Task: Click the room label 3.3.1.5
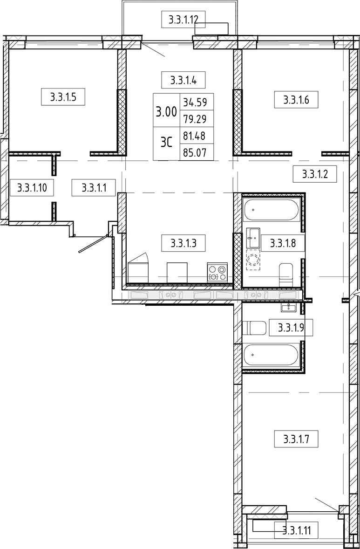point(63,97)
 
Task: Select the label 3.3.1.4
point(183,80)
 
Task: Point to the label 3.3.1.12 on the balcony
point(183,19)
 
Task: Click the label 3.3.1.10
point(32,187)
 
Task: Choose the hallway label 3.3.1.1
point(94,187)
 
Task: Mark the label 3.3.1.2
point(315,174)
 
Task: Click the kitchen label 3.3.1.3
point(183,243)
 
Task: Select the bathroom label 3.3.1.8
point(283,243)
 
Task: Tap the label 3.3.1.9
point(291,327)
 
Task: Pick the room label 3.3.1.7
point(296,439)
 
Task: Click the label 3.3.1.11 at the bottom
point(296,531)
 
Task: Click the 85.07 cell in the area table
point(196,152)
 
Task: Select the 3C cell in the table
point(166,144)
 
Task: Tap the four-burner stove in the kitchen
point(217,273)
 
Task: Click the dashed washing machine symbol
point(253,260)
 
